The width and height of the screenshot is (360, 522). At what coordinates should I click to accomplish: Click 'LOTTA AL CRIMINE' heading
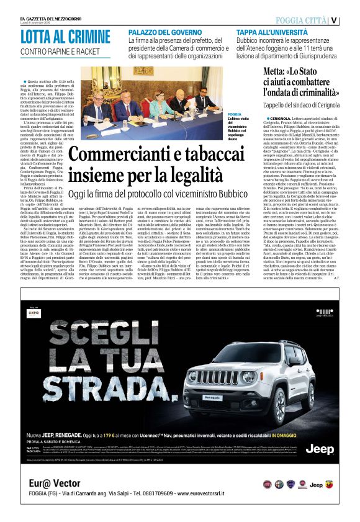coord(60,37)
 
